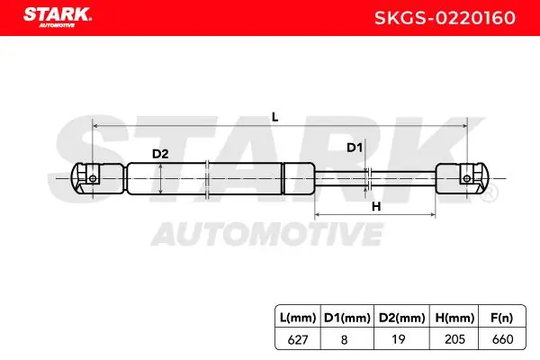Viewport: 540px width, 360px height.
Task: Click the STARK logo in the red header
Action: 58,16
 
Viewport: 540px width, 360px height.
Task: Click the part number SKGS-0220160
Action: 445,18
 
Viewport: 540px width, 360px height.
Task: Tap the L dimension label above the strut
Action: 274,117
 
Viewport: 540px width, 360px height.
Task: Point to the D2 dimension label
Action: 160,154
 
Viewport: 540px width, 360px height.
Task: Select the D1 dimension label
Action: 355,148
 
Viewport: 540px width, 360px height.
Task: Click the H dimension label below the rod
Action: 376,207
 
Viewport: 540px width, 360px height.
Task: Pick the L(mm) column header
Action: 298,318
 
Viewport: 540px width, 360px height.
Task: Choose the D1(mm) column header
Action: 347,318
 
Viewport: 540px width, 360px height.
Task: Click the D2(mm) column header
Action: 402,318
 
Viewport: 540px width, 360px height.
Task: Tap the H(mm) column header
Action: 454,318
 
